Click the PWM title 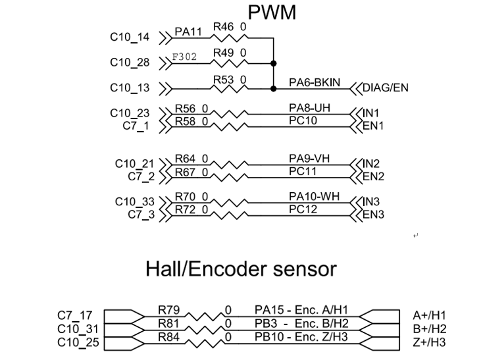pyautogui.click(x=272, y=12)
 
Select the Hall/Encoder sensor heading pyautogui.click(x=241, y=269)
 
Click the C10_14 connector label pyautogui.click(x=130, y=38)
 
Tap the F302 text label pyautogui.click(x=184, y=57)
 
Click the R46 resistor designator pyautogui.click(x=224, y=27)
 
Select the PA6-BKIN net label pyautogui.click(x=315, y=82)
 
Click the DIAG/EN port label pyautogui.click(x=386, y=88)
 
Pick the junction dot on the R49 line pyautogui.click(x=272, y=63)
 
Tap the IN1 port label pyautogui.click(x=372, y=113)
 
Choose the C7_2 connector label pyautogui.click(x=141, y=176)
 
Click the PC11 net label pyautogui.click(x=303, y=171)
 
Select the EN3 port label pyautogui.click(x=373, y=215)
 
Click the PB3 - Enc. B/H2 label pyautogui.click(x=298, y=323)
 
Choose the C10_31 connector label pyautogui.click(x=77, y=329)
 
